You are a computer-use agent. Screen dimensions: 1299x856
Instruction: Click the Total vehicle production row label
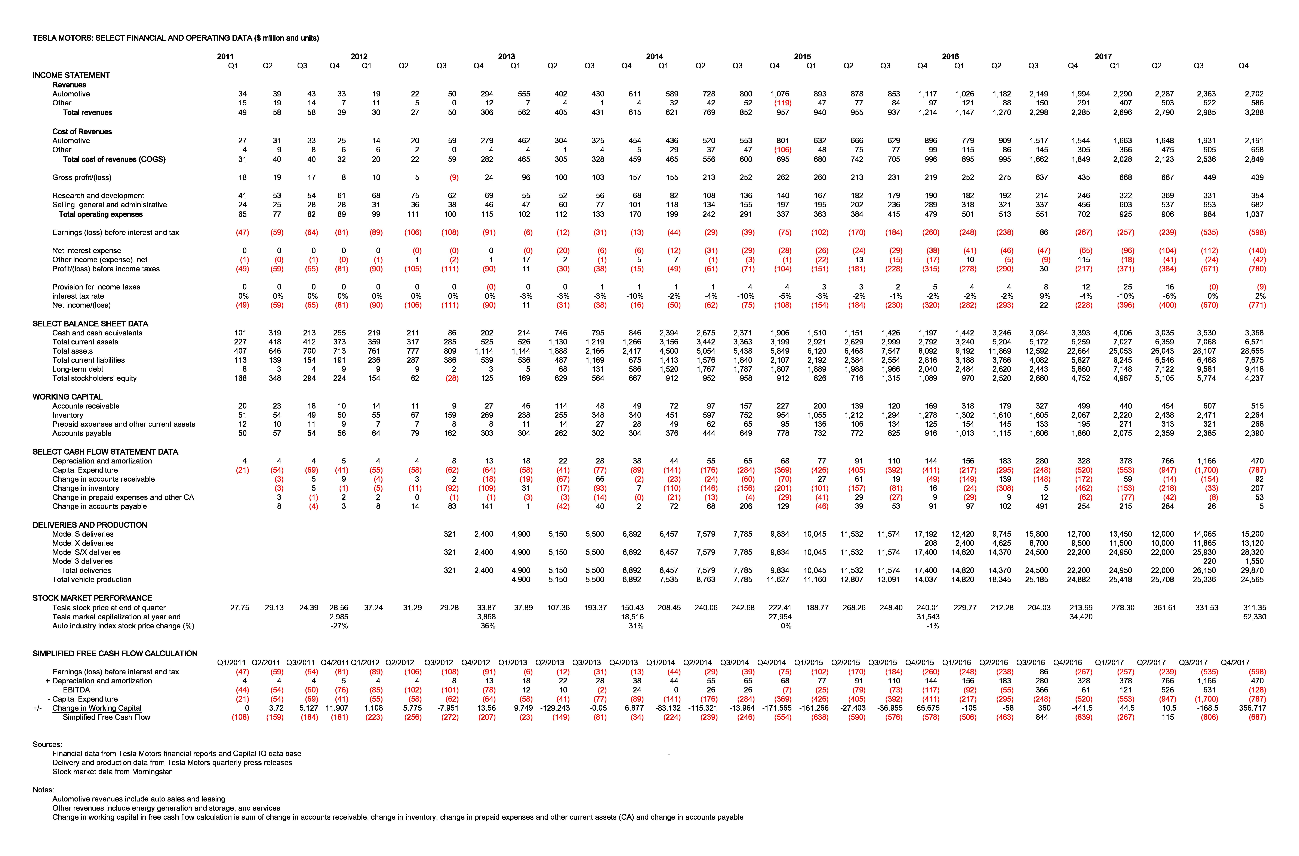click(x=92, y=580)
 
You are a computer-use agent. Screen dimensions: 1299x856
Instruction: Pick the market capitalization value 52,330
click(x=1254, y=617)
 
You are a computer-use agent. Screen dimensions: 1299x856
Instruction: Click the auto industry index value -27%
click(x=340, y=626)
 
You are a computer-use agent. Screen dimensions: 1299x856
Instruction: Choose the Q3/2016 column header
click(x=1030, y=663)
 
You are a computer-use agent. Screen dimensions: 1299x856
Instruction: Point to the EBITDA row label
click(x=76, y=690)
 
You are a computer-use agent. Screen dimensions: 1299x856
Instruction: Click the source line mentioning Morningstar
click(x=112, y=772)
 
